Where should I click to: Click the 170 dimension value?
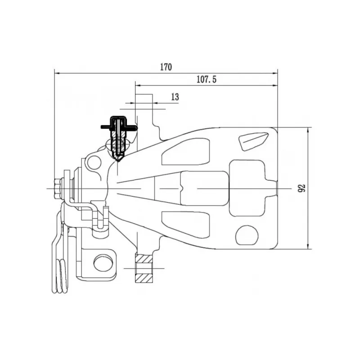[x=166, y=67]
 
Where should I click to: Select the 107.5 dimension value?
[x=207, y=79]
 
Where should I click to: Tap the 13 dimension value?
[x=175, y=97]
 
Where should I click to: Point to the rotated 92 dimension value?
[x=302, y=188]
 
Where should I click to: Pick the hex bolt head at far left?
[x=57, y=188]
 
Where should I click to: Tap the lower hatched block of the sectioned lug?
[x=144, y=278]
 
